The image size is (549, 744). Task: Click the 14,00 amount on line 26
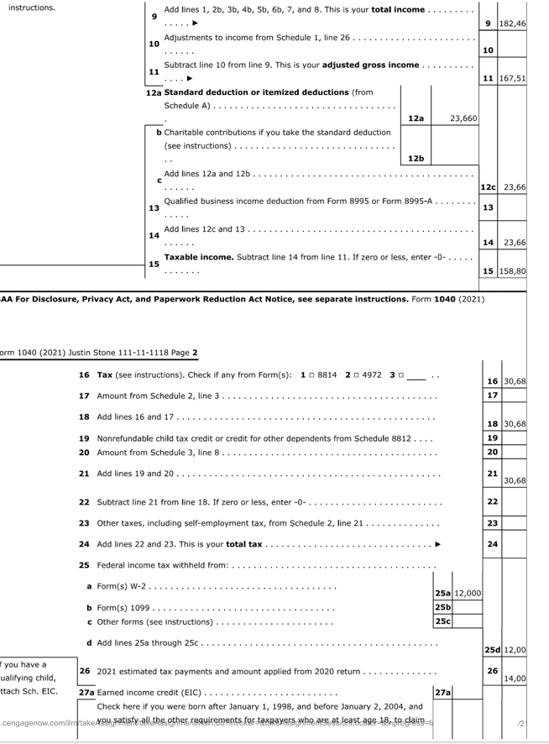click(514, 678)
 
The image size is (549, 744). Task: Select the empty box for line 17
click(514, 394)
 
